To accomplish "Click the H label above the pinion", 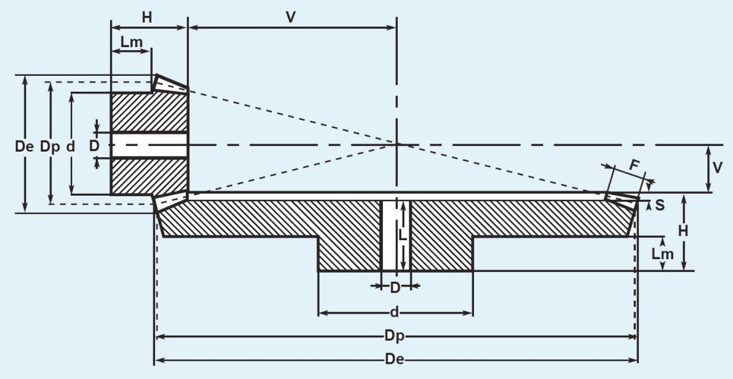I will point(147,18).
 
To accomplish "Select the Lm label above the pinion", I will point(132,42).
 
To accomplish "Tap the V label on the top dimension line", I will point(291,17).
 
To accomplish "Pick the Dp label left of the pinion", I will point(50,147).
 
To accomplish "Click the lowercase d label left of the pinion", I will point(71,147).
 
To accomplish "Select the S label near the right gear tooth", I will point(660,205).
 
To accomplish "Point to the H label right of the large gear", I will point(684,231).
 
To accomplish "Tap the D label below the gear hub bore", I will point(395,287).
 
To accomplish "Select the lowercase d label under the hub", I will point(395,313).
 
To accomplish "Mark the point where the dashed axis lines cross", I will point(397,144).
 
